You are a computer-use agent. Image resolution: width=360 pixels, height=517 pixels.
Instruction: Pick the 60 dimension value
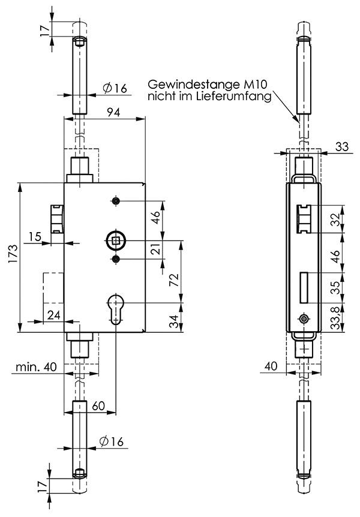pos(99,405)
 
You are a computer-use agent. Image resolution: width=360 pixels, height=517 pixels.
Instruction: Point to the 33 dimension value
pos(342,146)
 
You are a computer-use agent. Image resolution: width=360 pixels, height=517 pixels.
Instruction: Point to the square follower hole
pos(115,241)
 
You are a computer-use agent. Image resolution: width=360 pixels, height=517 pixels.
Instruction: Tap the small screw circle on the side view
pos(304,319)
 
